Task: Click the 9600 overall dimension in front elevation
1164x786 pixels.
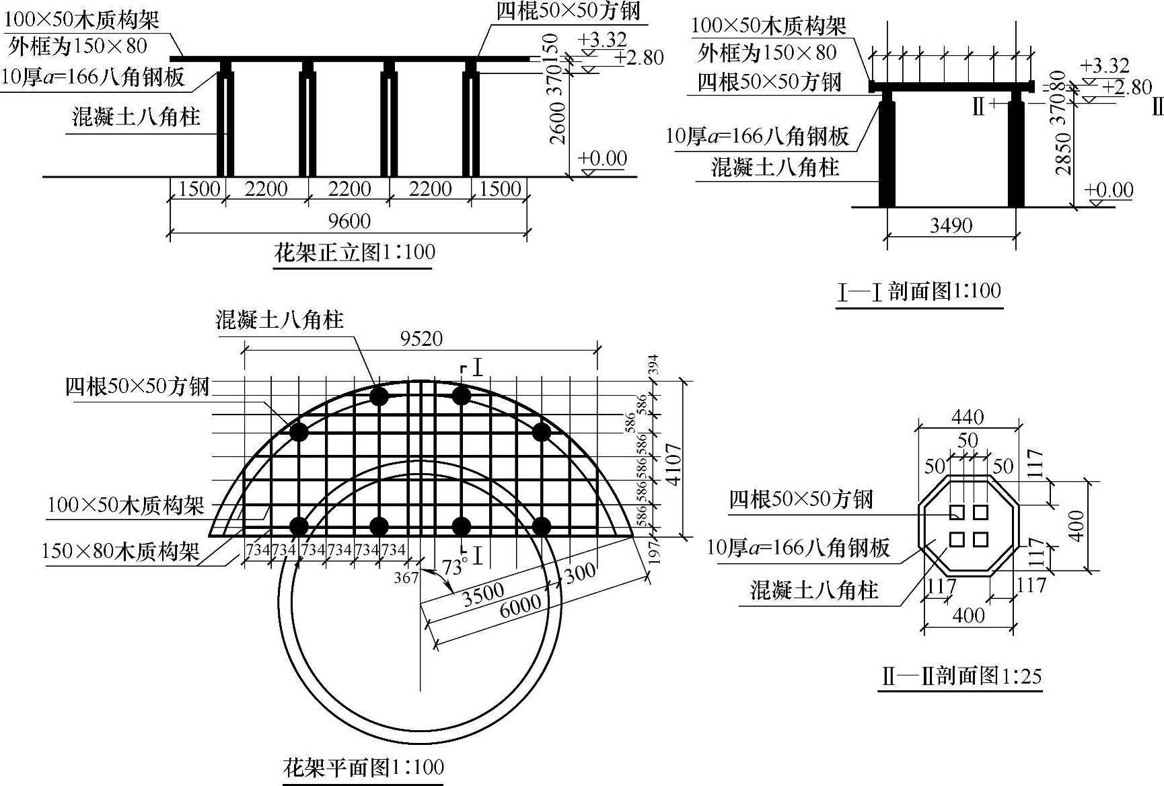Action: (x=349, y=221)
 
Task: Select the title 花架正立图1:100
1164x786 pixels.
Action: (x=354, y=253)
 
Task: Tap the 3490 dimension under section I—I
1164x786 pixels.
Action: (x=951, y=225)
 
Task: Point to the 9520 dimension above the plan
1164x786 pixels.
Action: (x=421, y=338)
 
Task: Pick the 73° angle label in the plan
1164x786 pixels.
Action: (x=454, y=567)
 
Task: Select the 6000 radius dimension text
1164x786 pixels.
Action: (x=520, y=603)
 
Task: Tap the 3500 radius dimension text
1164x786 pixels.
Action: (x=483, y=592)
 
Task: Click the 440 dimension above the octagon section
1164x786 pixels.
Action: (x=968, y=417)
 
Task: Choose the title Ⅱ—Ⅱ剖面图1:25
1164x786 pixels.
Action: (x=961, y=676)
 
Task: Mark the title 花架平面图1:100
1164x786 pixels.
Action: (x=363, y=767)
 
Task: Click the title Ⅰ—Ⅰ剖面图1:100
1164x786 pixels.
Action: (x=919, y=292)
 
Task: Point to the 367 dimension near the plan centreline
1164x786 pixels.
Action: (x=406, y=577)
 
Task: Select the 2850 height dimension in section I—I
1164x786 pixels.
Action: (x=1063, y=153)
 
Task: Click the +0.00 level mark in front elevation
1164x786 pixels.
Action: (x=602, y=159)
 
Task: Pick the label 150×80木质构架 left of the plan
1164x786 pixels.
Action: (x=120, y=552)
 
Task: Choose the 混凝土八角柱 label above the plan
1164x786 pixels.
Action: (x=279, y=319)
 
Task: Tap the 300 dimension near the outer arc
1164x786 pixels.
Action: (x=579, y=572)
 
